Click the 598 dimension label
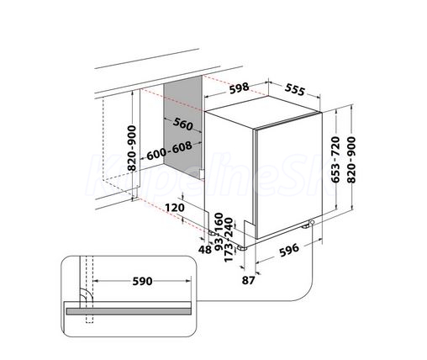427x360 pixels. coord(239,88)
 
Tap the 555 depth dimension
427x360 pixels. coord(294,90)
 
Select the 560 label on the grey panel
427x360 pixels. coord(183,124)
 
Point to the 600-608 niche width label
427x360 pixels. coord(169,151)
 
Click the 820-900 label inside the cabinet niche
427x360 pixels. coord(131,148)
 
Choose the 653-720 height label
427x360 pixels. coord(335,159)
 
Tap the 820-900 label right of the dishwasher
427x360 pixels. coord(351,160)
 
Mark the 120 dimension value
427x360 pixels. coord(175,208)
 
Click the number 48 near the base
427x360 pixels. coord(205,250)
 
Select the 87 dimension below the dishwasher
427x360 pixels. coord(248,280)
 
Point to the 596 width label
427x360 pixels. coord(289,250)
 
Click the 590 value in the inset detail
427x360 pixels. coord(142,281)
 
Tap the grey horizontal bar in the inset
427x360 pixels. coord(129,311)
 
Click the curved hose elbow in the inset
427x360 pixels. coord(85,292)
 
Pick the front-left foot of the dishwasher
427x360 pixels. coord(241,248)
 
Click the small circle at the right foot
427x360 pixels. coord(312,222)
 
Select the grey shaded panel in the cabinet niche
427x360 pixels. coord(182,127)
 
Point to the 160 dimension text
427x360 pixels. coord(219,222)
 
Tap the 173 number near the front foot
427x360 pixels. coord(229,252)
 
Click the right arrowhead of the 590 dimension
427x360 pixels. coord(188,281)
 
